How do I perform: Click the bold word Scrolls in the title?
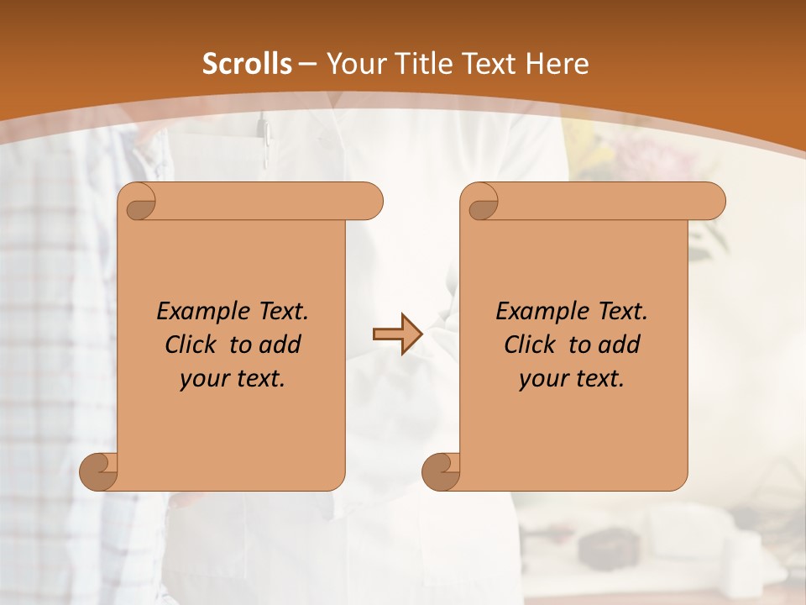[247, 64]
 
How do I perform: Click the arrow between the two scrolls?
[397, 334]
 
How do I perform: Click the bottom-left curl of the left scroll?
[98, 472]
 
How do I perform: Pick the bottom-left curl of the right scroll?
[441, 472]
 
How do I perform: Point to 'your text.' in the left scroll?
[233, 379]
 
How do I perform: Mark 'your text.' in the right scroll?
[572, 379]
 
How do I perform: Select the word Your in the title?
[351, 64]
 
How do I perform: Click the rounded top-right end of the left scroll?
[370, 202]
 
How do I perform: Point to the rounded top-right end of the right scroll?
[713, 202]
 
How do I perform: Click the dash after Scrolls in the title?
[307, 64]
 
